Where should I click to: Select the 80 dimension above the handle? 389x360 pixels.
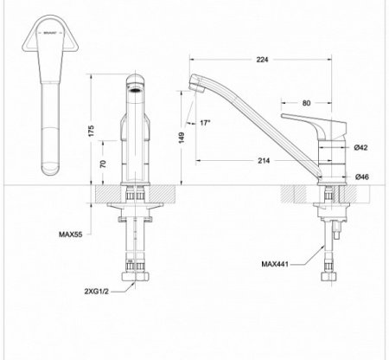point(307,104)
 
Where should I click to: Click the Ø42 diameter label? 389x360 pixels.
point(361,149)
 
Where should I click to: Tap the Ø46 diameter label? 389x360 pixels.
point(361,177)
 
